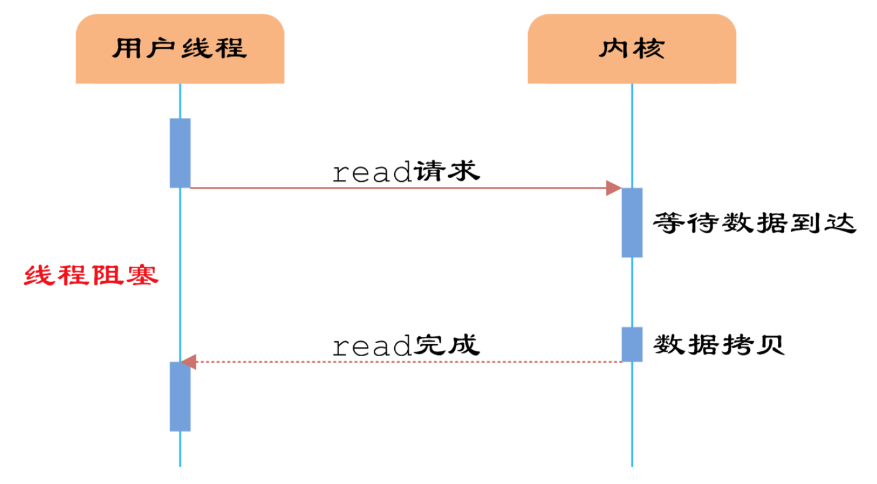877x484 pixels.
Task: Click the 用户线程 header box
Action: click(x=180, y=48)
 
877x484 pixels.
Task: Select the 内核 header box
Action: click(x=632, y=48)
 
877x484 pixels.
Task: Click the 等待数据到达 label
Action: click(x=754, y=223)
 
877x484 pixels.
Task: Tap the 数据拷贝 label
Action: click(x=719, y=345)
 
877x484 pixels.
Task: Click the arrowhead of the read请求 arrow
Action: click(x=614, y=187)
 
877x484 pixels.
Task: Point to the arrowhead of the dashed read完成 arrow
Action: click(x=188, y=362)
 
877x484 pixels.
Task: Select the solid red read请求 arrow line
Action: click(x=397, y=187)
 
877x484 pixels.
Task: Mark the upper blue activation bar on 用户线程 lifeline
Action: click(x=180, y=153)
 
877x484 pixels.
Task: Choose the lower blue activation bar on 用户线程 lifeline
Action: click(x=180, y=397)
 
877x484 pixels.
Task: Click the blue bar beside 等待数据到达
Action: click(x=632, y=222)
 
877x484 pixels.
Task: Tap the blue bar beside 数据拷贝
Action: click(x=632, y=344)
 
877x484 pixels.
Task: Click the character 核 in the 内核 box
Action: click(x=649, y=48)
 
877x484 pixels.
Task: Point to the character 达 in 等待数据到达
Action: click(x=843, y=223)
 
